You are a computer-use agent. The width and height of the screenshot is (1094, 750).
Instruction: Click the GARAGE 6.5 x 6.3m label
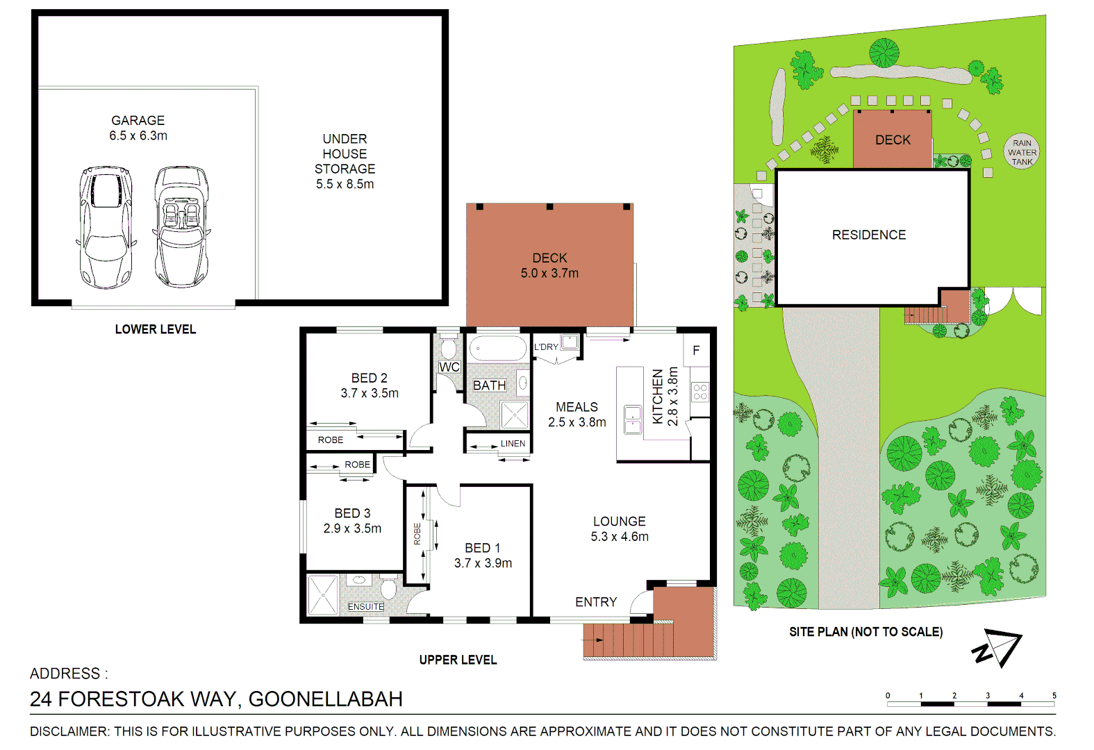point(138,128)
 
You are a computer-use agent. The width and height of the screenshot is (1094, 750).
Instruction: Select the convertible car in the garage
point(181,226)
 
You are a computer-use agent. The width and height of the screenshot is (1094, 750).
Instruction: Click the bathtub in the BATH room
point(498,348)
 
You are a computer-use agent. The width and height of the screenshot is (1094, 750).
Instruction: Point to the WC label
point(449,367)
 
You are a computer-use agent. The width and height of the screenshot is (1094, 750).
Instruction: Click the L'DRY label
point(546,347)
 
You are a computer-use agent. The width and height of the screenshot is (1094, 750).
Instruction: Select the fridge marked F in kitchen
point(696,351)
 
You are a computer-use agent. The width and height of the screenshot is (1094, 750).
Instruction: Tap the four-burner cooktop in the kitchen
point(699,392)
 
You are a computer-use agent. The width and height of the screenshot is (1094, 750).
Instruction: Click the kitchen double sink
point(633,419)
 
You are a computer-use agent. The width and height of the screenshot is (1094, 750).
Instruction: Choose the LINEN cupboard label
point(513,443)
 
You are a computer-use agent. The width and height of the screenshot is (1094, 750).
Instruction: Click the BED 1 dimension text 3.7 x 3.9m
point(483,563)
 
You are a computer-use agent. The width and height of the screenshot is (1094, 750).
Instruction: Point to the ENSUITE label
point(365,606)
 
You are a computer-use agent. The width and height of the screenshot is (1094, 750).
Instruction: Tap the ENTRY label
point(596,602)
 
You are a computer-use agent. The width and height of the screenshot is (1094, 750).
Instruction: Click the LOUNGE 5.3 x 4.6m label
point(620,528)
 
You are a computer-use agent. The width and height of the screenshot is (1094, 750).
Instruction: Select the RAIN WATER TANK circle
point(1022,152)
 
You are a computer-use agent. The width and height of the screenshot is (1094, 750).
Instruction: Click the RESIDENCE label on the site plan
point(869,235)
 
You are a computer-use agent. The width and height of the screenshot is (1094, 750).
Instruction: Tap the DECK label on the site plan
point(893,140)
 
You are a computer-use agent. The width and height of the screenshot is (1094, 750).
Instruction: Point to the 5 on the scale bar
point(1054,695)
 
